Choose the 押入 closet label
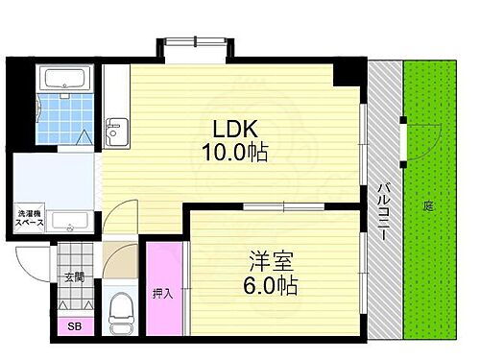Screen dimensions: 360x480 tap(162, 294)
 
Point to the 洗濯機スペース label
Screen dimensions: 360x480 tap(29, 218)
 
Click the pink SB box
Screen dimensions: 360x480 tap(75, 326)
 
